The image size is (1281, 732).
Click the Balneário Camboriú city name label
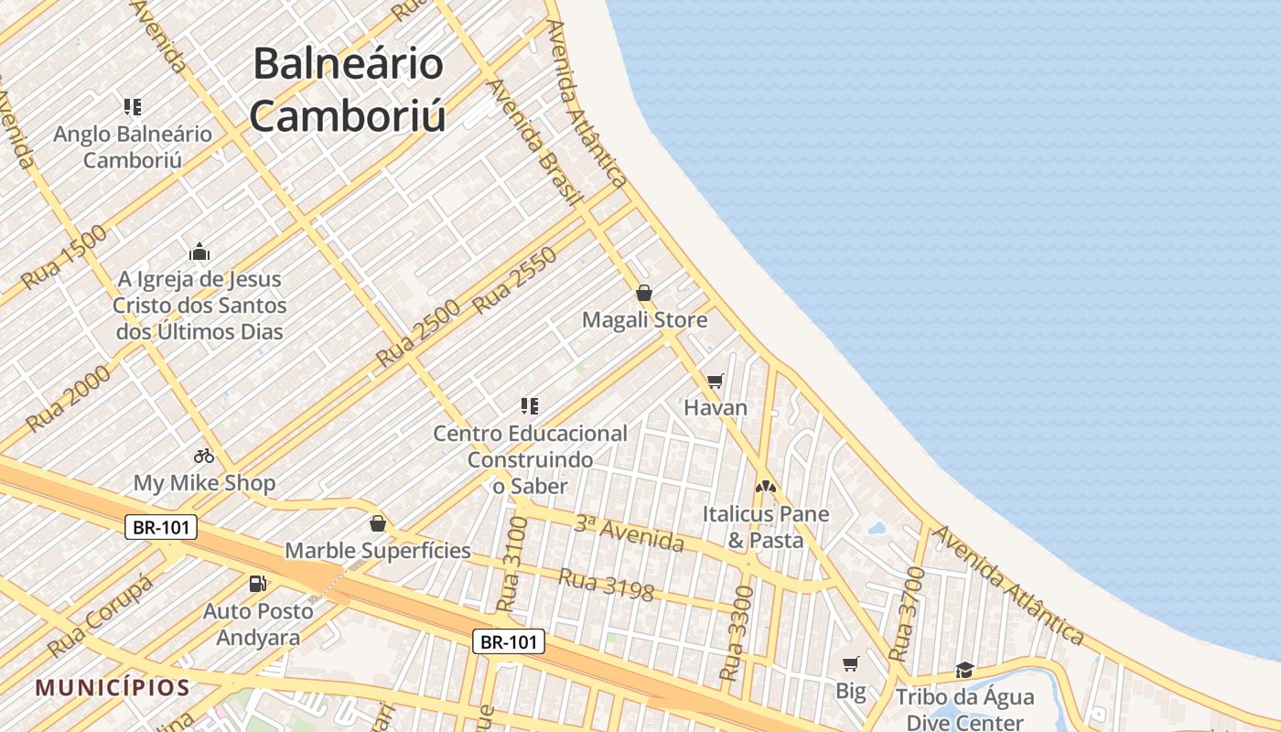[348, 90]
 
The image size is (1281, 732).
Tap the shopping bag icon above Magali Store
[644, 293]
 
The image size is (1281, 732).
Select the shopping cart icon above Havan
[716, 381]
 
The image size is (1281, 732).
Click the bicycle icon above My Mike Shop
[203, 455]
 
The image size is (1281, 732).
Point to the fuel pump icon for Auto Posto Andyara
[258, 584]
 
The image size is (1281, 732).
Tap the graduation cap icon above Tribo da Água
[964, 671]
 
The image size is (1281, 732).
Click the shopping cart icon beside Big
[851, 663]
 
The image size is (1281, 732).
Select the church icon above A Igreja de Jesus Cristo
[199, 252]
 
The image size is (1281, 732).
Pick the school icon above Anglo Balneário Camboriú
[133, 107]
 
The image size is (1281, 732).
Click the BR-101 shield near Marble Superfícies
[161, 527]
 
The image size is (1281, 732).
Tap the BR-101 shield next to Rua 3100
[510, 641]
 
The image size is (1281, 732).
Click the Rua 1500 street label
[64, 257]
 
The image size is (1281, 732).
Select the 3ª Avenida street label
[629, 534]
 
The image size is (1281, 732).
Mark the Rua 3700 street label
[907, 615]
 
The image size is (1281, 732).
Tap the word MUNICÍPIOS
[113, 688]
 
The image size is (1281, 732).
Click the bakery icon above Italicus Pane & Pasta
[766, 487]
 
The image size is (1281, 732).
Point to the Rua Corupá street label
[101, 618]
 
